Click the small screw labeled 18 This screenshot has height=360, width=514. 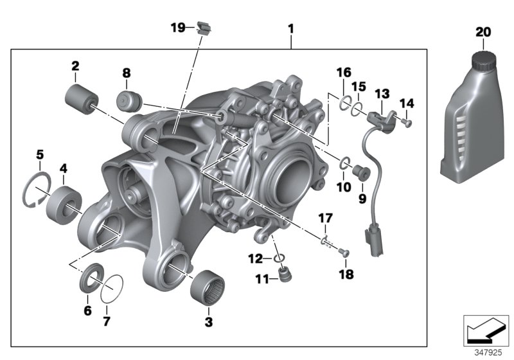(343, 253)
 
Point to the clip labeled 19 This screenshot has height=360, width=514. (205, 28)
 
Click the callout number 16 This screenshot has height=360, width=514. (344, 71)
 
